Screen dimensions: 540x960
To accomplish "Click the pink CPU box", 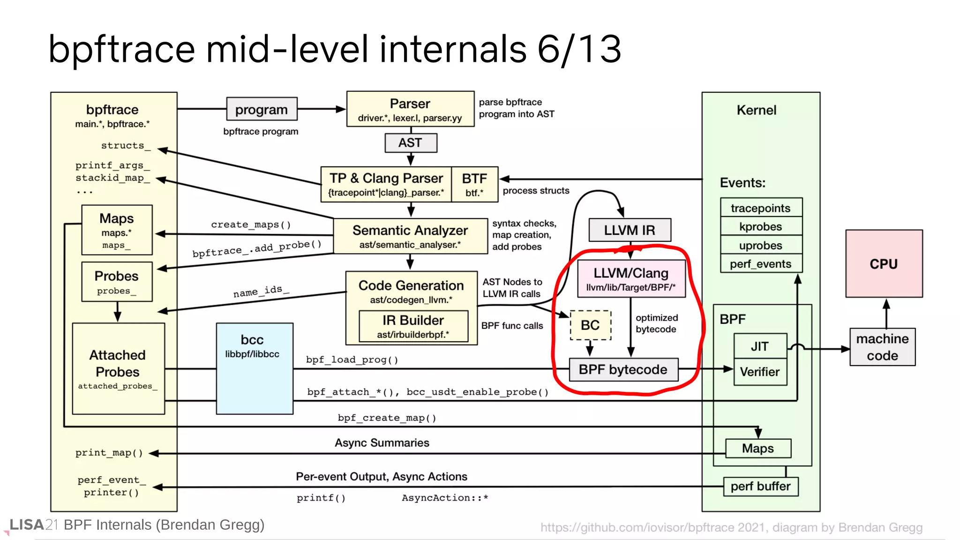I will (x=884, y=263).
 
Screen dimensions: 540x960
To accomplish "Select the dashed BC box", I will (x=590, y=325).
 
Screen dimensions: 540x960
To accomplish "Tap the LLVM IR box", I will (x=630, y=230).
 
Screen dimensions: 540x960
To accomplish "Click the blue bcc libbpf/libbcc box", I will (x=255, y=368).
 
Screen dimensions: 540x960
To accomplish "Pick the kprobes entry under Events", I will (x=761, y=226).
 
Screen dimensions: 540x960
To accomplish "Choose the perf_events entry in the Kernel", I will (x=761, y=264).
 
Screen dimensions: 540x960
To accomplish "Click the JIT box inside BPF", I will (x=760, y=346).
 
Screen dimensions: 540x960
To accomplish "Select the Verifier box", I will (x=760, y=372).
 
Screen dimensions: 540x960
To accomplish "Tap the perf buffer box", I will (x=760, y=486).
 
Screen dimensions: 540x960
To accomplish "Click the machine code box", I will (x=882, y=347).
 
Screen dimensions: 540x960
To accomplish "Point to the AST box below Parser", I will (x=411, y=142).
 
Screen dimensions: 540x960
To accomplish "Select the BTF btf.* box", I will (x=474, y=184).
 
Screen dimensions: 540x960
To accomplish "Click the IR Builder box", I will (x=413, y=326).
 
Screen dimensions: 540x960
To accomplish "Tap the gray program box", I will (x=262, y=109).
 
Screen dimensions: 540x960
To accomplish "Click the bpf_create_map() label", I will (x=387, y=418).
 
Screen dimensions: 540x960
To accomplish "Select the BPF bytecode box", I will (x=623, y=369).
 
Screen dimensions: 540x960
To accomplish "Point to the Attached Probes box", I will (x=118, y=368).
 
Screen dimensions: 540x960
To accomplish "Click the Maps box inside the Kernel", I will (x=758, y=448).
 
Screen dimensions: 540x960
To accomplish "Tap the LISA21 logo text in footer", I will (x=33, y=525).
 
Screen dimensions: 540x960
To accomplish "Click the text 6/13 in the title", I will (x=579, y=49).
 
